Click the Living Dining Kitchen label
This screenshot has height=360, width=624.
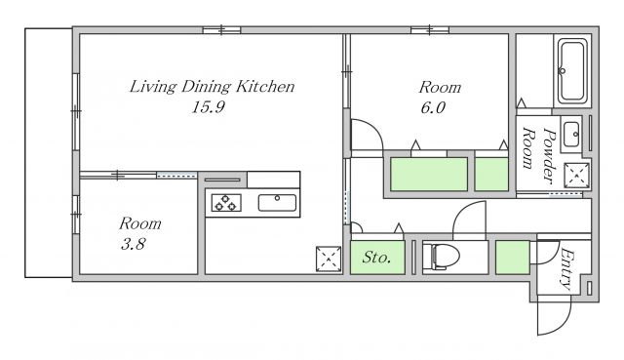[x=213, y=87]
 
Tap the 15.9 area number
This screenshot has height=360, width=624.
[x=208, y=107]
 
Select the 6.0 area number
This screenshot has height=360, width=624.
[x=433, y=107]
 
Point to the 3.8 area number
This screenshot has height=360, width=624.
[x=134, y=244]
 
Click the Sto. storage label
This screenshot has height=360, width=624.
[x=376, y=258]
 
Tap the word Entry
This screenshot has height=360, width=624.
[x=566, y=268]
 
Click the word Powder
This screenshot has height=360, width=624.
[x=549, y=156]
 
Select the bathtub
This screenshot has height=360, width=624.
[x=572, y=71]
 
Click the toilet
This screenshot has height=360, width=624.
[x=441, y=256]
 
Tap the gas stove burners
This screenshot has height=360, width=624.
[x=226, y=202]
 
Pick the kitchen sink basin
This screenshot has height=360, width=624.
[x=277, y=203]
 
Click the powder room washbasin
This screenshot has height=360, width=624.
[x=571, y=135]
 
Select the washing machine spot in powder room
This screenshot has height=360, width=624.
[x=576, y=176]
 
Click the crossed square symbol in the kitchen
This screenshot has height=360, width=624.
[x=329, y=260]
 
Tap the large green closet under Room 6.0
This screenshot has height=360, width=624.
[x=429, y=175]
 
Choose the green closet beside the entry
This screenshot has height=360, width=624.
[x=513, y=258]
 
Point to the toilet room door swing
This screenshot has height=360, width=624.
[x=466, y=211]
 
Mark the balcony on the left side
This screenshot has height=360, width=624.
[x=49, y=153]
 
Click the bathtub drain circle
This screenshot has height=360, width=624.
[x=562, y=71]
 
